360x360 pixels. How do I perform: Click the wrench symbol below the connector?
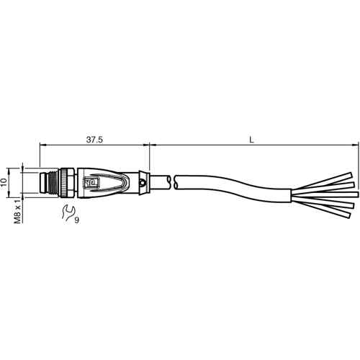click(x=68, y=212)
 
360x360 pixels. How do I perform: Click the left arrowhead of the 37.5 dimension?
click(x=42, y=145)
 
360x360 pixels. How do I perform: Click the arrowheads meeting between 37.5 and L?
click(x=150, y=145)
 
